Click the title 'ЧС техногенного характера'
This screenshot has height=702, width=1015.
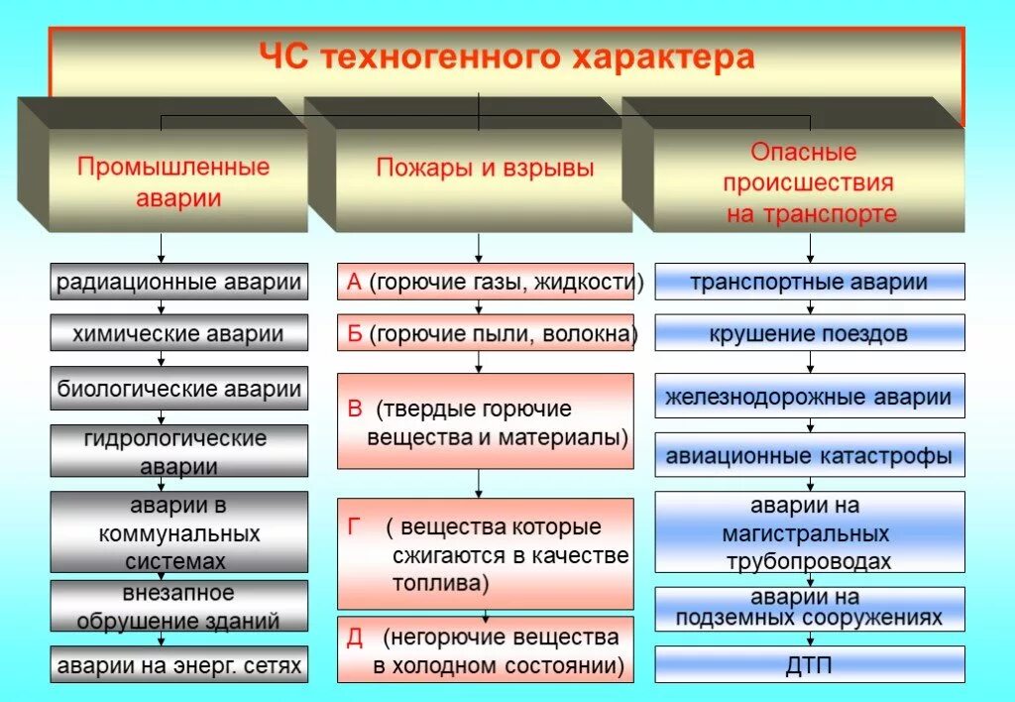(507, 58)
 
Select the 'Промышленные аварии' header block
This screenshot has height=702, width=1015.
(173, 180)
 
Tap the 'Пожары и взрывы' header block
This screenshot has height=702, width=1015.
(485, 168)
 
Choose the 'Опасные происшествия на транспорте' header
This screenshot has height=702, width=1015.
(809, 182)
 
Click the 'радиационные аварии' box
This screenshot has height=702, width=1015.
(178, 282)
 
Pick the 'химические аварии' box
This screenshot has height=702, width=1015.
(178, 333)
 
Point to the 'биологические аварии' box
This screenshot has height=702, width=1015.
(178, 388)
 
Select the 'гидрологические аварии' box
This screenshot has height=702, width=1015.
(178, 451)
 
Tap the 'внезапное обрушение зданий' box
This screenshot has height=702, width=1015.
(178, 607)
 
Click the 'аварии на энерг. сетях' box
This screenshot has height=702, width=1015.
(178, 664)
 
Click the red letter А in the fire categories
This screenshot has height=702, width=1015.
(354, 283)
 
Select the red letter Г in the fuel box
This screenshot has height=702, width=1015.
(354, 526)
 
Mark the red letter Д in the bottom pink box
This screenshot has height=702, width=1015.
(354, 637)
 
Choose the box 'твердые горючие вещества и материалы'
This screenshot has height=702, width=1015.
(485, 421)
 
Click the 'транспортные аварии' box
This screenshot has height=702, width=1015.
(809, 282)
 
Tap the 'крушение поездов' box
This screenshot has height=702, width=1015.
(809, 333)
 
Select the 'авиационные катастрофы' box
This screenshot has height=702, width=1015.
(809, 456)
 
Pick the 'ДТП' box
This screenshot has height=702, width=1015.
(809, 664)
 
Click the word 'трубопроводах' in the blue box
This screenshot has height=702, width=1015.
(809, 561)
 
